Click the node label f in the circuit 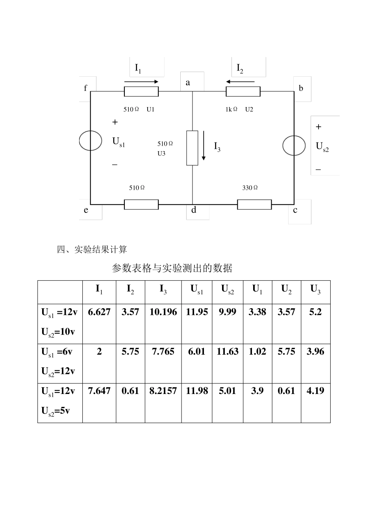(x=85, y=88)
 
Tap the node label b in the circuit (x=301, y=88)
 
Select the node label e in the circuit (x=86, y=210)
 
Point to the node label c (x=295, y=210)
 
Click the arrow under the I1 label (x=141, y=82)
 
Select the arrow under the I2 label (x=240, y=82)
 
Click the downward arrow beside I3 (x=204, y=146)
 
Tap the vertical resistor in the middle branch (x=192, y=148)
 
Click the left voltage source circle (x=91, y=141)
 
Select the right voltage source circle (x=294, y=145)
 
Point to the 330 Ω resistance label (x=250, y=188)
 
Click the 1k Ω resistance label (x=231, y=109)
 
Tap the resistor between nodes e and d (x=141, y=205)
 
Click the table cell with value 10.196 (x=163, y=312)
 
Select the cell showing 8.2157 (x=163, y=391)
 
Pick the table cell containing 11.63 (x=228, y=351)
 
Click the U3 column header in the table (x=315, y=290)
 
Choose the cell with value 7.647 (x=99, y=391)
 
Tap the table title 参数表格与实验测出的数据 (x=172, y=268)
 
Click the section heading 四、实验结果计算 (x=92, y=250)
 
